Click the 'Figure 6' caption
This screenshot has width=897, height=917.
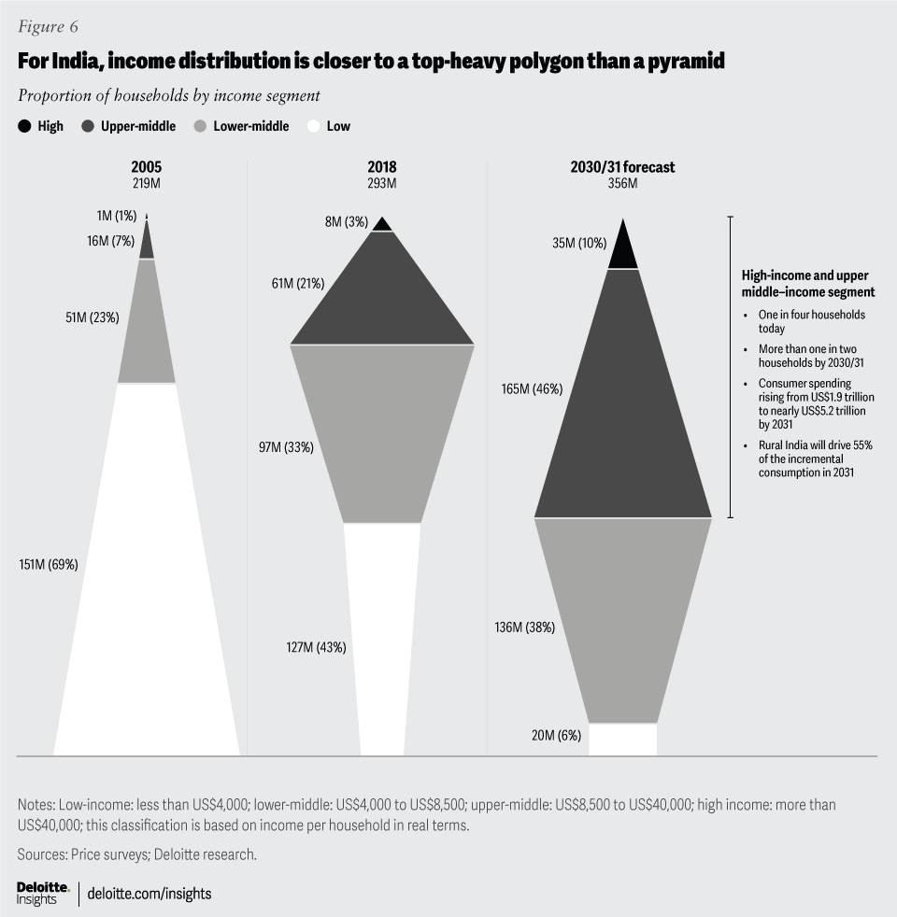(x=48, y=25)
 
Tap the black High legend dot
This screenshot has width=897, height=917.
(x=24, y=126)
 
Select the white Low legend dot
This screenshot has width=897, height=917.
(x=312, y=126)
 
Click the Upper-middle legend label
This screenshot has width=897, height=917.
(x=139, y=126)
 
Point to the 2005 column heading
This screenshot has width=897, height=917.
(x=147, y=168)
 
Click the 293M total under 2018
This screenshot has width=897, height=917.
(x=381, y=184)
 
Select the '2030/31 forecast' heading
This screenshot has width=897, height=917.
(x=622, y=168)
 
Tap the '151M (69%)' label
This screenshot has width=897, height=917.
(x=48, y=564)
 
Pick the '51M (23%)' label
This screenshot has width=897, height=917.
(x=93, y=317)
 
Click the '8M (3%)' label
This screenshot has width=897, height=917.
(x=340, y=222)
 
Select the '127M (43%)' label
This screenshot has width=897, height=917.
(x=316, y=647)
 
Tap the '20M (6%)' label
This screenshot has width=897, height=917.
(x=556, y=736)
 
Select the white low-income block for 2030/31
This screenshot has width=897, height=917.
(x=622, y=740)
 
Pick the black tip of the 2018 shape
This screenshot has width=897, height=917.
(x=381, y=224)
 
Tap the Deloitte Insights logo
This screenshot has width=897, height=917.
(x=43, y=893)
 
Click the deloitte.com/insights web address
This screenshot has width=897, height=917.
(x=149, y=894)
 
